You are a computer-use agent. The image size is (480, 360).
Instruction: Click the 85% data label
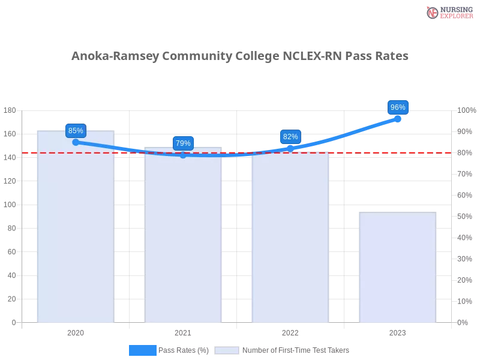(x=76, y=130)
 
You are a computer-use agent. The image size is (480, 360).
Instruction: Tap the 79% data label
(x=183, y=143)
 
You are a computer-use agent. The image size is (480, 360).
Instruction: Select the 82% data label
(x=290, y=137)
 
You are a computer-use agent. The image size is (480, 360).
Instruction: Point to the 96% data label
(x=398, y=107)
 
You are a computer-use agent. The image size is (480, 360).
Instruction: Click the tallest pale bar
(x=76, y=228)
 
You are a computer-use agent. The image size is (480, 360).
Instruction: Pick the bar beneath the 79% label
(x=183, y=240)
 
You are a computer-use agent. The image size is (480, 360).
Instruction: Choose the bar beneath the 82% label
(x=290, y=240)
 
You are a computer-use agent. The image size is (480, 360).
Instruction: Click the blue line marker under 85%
(x=76, y=142)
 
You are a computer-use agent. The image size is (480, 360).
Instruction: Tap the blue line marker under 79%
(x=183, y=155)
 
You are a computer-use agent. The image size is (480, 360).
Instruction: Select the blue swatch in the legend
(x=142, y=350)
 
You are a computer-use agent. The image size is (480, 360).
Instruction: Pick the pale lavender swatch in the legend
(x=227, y=350)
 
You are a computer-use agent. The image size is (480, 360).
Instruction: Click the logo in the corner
(x=448, y=12)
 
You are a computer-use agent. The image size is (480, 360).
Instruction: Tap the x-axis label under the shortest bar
(x=397, y=331)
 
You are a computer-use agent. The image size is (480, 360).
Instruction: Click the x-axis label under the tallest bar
(x=76, y=331)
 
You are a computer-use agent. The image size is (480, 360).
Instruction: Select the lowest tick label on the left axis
(x=13, y=322)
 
